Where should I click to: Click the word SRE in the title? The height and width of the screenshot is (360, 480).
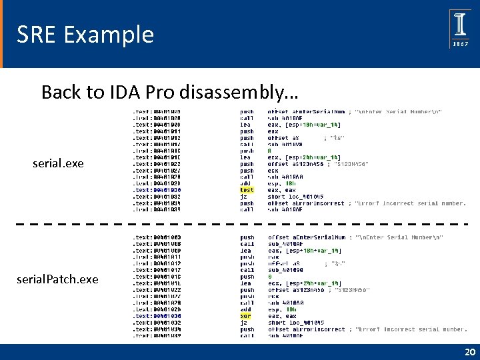pyautogui.click(x=37, y=34)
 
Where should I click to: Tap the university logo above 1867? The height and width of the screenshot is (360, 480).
pyautogui.click(x=461, y=22)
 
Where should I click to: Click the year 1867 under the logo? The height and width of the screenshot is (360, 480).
pyautogui.click(x=461, y=43)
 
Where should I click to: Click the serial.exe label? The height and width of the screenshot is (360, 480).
pyautogui.click(x=58, y=163)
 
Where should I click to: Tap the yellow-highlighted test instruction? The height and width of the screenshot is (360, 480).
pyautogui.click(x=247, y=190)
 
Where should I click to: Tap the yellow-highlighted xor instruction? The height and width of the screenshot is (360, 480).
pyautogui.click(x=246, y=316)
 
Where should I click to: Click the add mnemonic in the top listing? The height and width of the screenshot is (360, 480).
pyautogui.click(x=245, y=183)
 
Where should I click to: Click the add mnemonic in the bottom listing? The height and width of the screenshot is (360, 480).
pyautogui.click(x=245, y=309)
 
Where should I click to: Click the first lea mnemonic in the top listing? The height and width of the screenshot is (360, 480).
pyautogui.click(x=245, y=125)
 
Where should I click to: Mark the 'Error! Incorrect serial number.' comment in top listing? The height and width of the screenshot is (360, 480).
pyautogui.click(x=411, y=203)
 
